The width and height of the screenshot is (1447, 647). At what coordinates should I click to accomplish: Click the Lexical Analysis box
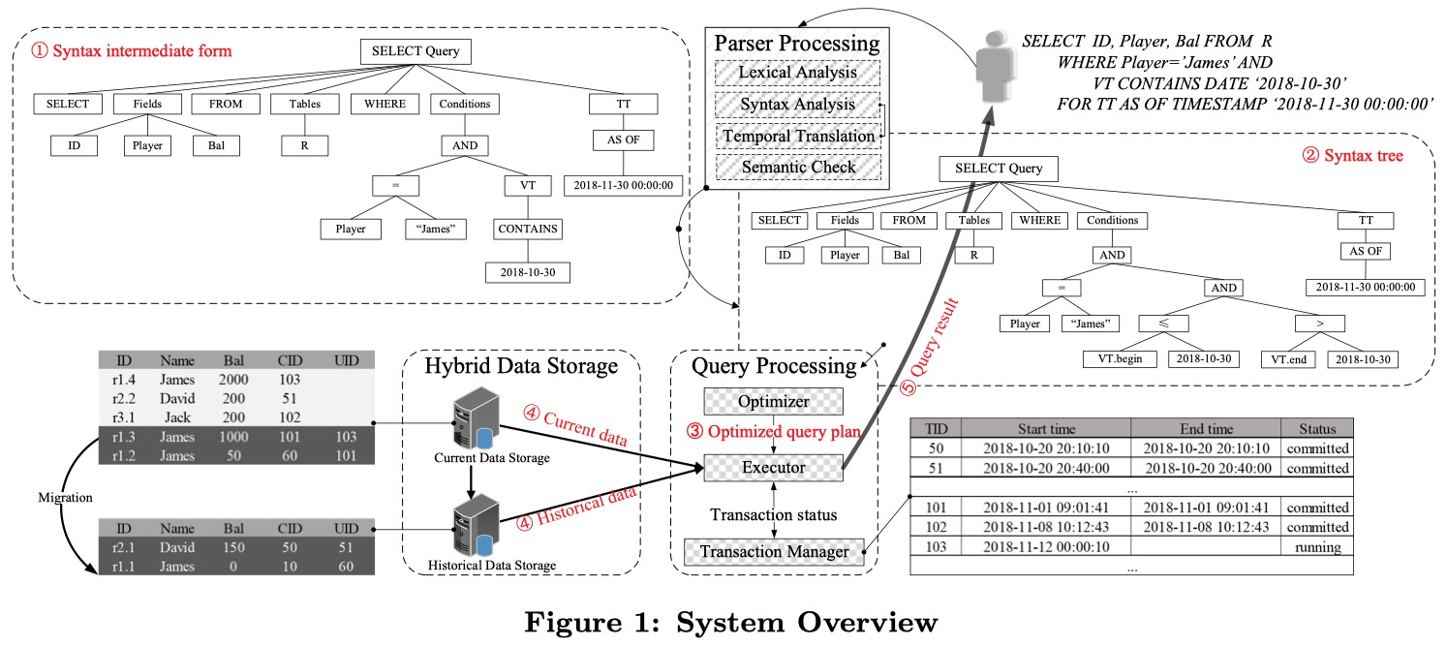[796, 73]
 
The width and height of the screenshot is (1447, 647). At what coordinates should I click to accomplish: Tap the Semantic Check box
[796, 167]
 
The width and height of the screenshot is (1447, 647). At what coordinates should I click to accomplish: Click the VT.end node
[1288, 358]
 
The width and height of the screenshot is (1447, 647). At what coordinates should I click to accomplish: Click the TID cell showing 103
[935, 547]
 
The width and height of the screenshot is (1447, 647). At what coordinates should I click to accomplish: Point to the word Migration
[64, 497]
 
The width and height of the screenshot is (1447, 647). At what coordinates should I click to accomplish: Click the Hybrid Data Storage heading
[522, 367]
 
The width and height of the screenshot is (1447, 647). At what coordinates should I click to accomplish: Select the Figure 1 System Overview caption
[730, 622]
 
